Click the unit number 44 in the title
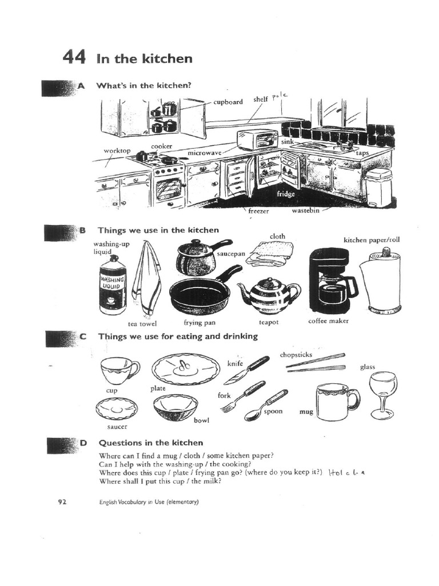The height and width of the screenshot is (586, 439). (x=74, y=58)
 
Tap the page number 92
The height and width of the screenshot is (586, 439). (x=62, y=502)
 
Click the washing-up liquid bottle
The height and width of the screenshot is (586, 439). (x=113, y=284)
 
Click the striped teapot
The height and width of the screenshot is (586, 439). (x=269, y=295)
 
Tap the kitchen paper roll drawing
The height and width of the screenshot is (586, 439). (x=381, y=282)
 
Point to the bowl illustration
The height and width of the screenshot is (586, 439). (x=175, y=407)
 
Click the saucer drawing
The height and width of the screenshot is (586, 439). (x=117, y=409)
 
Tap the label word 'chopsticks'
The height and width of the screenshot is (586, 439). (x=296, y=354)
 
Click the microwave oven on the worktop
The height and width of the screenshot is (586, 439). (x=257, y=140)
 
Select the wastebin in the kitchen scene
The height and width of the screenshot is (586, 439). (x=378, y=187)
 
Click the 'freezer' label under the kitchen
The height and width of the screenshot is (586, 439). (x=258, y=211)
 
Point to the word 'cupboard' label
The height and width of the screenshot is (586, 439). (x=228, y=102)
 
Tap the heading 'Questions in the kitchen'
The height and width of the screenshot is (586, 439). (x=151, y=442)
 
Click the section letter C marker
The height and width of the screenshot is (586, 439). (x=83, y=336)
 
